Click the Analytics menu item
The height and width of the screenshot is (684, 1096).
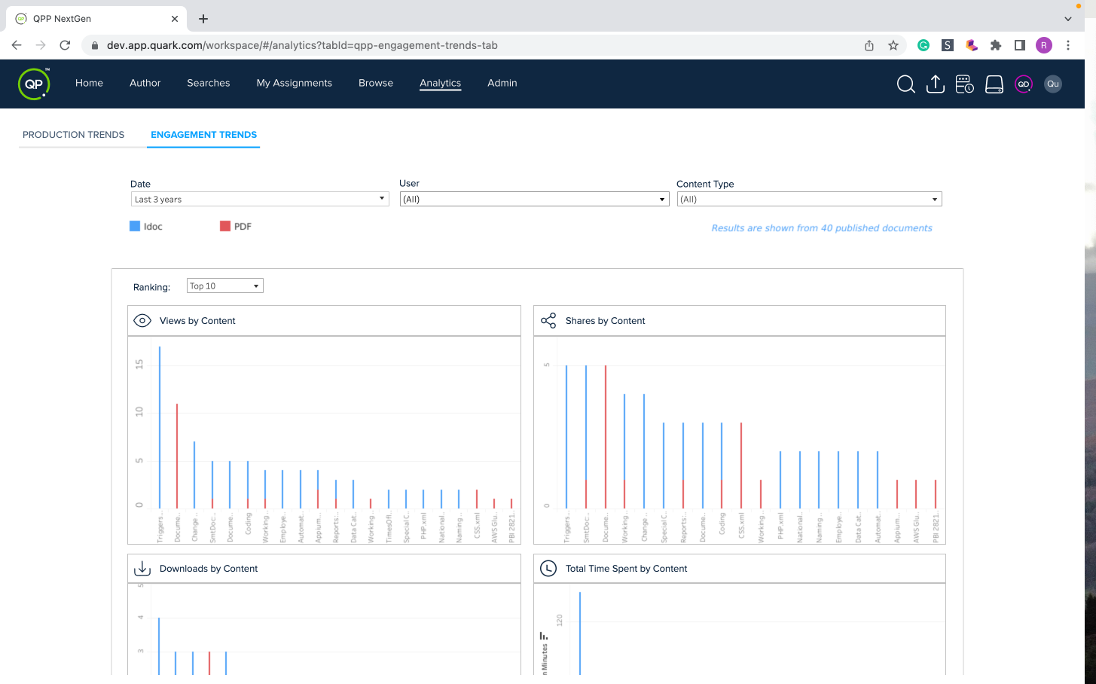[440, 83]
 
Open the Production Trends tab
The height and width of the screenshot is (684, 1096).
[73, 135]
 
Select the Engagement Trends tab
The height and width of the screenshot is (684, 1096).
[203, 135]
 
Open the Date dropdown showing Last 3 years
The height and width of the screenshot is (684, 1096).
[259, 200]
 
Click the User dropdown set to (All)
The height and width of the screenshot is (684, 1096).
[533, 200]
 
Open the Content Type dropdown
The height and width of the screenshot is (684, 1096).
[809, 200]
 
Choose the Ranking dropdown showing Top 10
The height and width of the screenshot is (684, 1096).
[224, 286]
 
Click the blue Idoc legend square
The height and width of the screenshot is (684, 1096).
[135, 226]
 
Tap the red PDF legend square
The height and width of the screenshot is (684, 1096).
[225, 226]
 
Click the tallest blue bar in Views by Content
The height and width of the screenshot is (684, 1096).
[160, 429]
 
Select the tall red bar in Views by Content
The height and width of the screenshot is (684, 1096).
[177, 456]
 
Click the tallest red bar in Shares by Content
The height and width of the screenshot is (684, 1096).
[606, 437]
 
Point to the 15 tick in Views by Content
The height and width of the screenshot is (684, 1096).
[139, 365]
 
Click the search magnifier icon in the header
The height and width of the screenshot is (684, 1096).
[905, 84]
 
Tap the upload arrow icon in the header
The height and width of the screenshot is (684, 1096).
[935, 84]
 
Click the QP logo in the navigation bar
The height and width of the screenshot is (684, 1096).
[34, 84]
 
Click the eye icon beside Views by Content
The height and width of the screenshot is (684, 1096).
[142, 321]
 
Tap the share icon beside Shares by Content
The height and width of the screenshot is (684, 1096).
[548, 321]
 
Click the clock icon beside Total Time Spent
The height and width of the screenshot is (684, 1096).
[548, 569]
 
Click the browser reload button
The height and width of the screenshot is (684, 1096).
[65, 45]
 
